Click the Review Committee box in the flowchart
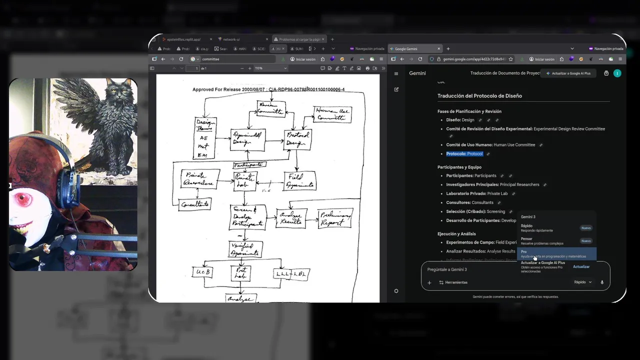click(271, 108)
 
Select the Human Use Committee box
click(332, 114)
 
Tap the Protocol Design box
click(297, 140)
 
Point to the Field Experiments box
click(300, 181)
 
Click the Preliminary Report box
click(335, 218)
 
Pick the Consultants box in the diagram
click(195, 204)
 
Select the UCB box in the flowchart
click(202, 272)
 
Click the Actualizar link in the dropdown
click(581, 266)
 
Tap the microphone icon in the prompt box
click(602, 282)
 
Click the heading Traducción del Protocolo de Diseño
click(479, 96)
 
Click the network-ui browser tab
click(231, 39)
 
